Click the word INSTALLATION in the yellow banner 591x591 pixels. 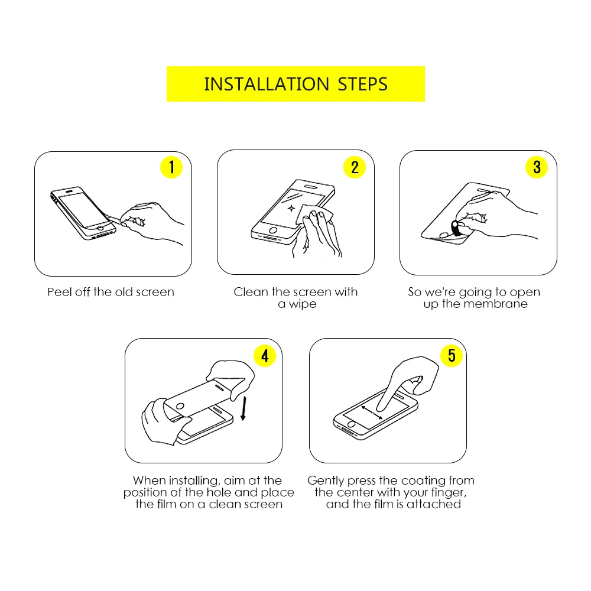[267, 84]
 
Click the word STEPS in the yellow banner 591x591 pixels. [363, 84]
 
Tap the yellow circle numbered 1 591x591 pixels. [171, 167]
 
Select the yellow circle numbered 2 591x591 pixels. [355, 167]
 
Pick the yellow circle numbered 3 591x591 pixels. [537, 167]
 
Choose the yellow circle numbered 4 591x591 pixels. [265, 355]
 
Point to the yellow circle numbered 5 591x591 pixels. [452, 355]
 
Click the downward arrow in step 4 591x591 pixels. [244, 408]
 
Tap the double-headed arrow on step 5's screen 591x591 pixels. [372, 413]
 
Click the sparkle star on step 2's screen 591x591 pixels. [291, 208]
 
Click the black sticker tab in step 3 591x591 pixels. [456, 228]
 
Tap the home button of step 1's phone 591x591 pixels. [100, 228]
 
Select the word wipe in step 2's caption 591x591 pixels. [303, 304]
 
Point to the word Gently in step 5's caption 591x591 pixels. [326, 481]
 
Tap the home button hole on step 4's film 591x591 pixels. [180, 407]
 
